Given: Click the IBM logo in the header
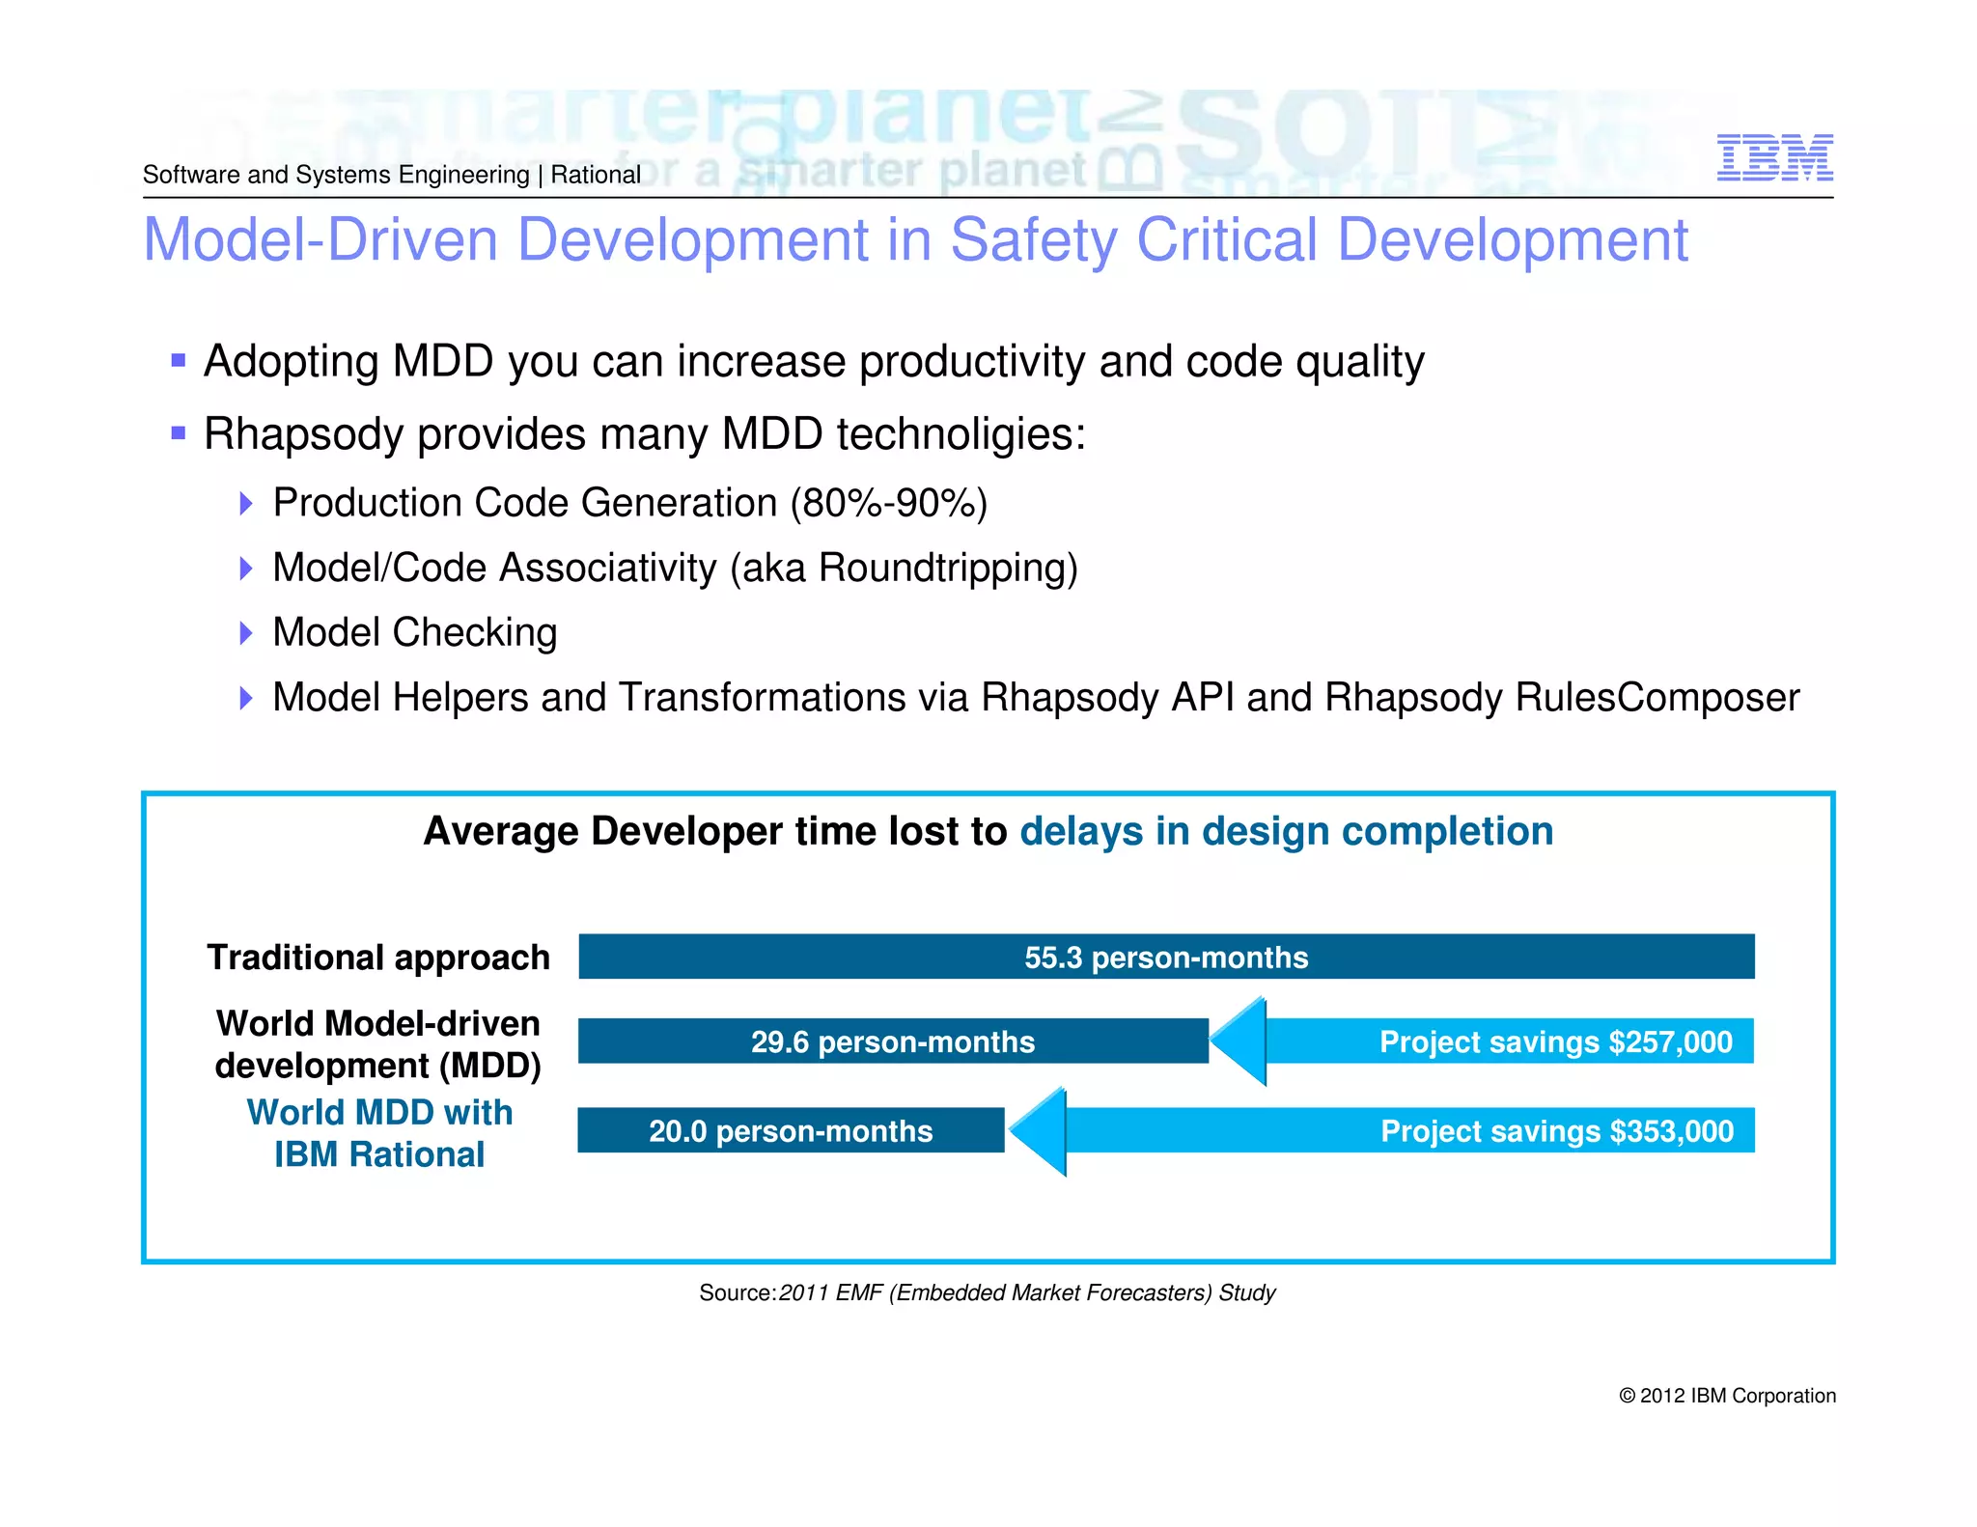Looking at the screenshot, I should [x=1774, y=157].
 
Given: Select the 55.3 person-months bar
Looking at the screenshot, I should [x=1166, y=957].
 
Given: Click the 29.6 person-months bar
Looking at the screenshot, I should [x=893, y=1041].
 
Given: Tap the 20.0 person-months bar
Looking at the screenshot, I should [x=791, y=1130].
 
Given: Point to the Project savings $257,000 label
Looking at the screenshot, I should [x=1555, y=1041].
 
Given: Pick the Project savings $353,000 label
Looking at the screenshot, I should [x=1556, y=1130].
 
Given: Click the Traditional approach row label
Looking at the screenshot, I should [x=378, y=958].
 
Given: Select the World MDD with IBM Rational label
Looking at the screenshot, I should [x=379, y=1133].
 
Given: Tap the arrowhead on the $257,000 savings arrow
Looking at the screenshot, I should [x=1239, y=1041].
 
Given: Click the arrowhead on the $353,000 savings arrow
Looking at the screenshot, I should [x=1038, y=1130].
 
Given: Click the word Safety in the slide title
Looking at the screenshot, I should [x=1034, y=240].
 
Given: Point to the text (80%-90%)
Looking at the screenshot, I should [x=888, y=503].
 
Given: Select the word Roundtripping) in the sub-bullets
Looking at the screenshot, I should [x=948, y=568].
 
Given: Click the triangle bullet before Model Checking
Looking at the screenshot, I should [x=245, y=633].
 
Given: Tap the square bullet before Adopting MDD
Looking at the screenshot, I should [x=178, y=361].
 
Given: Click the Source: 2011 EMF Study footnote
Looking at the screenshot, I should [x=987, y=1292].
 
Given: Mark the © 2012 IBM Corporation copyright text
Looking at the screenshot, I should [x=1727, y=1396].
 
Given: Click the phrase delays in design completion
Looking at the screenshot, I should [x=1286, y=831].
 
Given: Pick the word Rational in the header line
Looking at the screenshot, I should [x=596, y=175].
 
